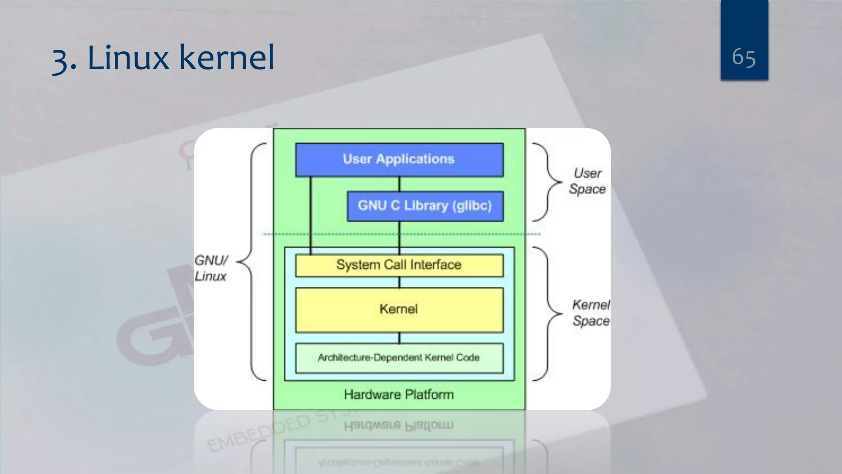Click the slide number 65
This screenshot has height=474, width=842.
(x=743, y=57)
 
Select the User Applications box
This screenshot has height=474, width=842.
(x=399, y=160)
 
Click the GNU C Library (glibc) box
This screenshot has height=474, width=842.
(x=425, y=206)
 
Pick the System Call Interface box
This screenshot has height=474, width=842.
(x=399, y=265)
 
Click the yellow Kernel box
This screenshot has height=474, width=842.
(x=399, y=309)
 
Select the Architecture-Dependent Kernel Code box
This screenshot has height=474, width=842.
(x=399, y=358)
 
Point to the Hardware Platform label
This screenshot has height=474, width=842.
(x=399, y=395)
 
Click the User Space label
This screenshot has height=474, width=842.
(x=588, y=181)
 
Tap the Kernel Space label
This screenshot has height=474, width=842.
(x=591, y=313)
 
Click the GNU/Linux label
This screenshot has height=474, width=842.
(x=211, y=268)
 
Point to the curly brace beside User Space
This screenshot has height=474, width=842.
(x=547, y=181)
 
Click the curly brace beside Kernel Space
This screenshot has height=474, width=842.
(x=548, y=314)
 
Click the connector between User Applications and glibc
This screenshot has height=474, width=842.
(x=399, y=184)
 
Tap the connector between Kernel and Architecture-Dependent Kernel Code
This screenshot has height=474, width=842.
(x=399, y=338)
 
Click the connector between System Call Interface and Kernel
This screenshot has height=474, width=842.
(x=399, y=282)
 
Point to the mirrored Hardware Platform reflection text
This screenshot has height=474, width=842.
(x=399, y=425)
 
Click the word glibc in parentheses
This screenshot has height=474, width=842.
(x=472, y=206)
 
